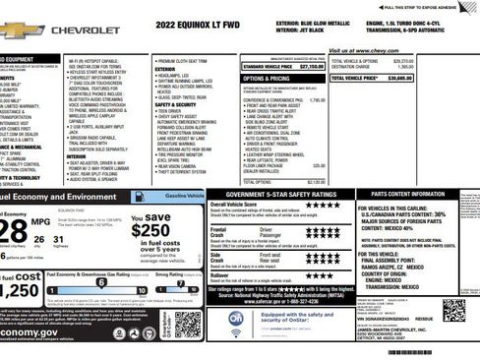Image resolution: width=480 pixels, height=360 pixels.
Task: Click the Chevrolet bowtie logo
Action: pos(16,30)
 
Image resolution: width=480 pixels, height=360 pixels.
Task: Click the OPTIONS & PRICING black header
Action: pos(267,78)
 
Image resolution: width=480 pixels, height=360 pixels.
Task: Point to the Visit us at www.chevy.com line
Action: pos(363,51)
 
